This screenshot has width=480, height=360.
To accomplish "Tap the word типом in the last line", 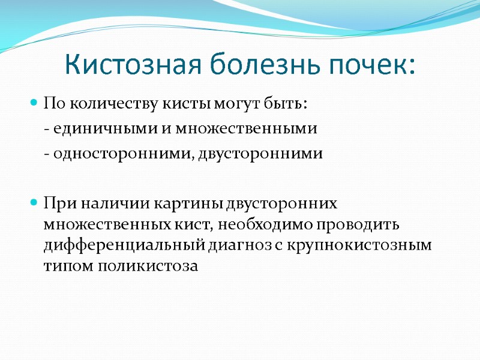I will point(62,266).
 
